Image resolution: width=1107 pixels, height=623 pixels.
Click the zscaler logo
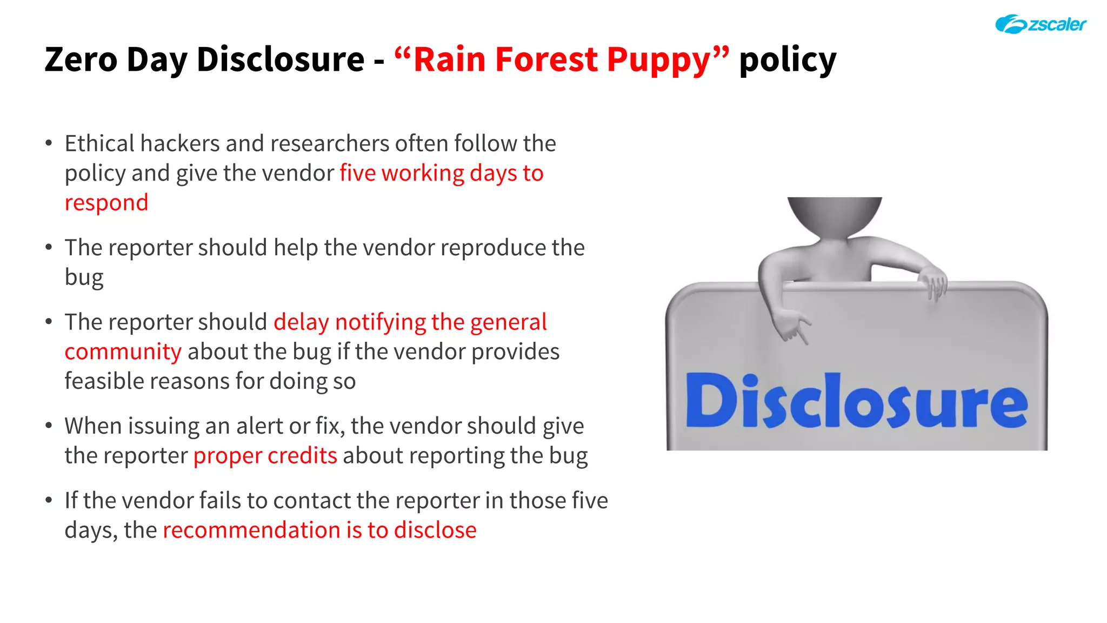[x=1040, y=24]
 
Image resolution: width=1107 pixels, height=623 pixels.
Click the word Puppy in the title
[x=659, y=59]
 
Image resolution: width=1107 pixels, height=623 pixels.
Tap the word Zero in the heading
[x=81, y=59]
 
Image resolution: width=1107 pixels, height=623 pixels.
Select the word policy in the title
[x=788, y=60]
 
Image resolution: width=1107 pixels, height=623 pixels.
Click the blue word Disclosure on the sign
[x=856, y=401]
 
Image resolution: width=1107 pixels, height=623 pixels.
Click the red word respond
[x=106, y=203]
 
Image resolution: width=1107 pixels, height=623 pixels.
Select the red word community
[x=123, y=352]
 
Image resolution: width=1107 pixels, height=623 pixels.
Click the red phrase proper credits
[x=265, y=455]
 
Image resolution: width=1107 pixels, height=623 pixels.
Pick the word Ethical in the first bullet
[x=99, y=144]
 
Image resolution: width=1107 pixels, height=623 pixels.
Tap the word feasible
[x=104, y=381]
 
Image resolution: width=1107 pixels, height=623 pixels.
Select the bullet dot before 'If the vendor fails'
[x=49, y=500]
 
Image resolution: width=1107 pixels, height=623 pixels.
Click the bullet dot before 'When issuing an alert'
[x=49, y=426]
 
